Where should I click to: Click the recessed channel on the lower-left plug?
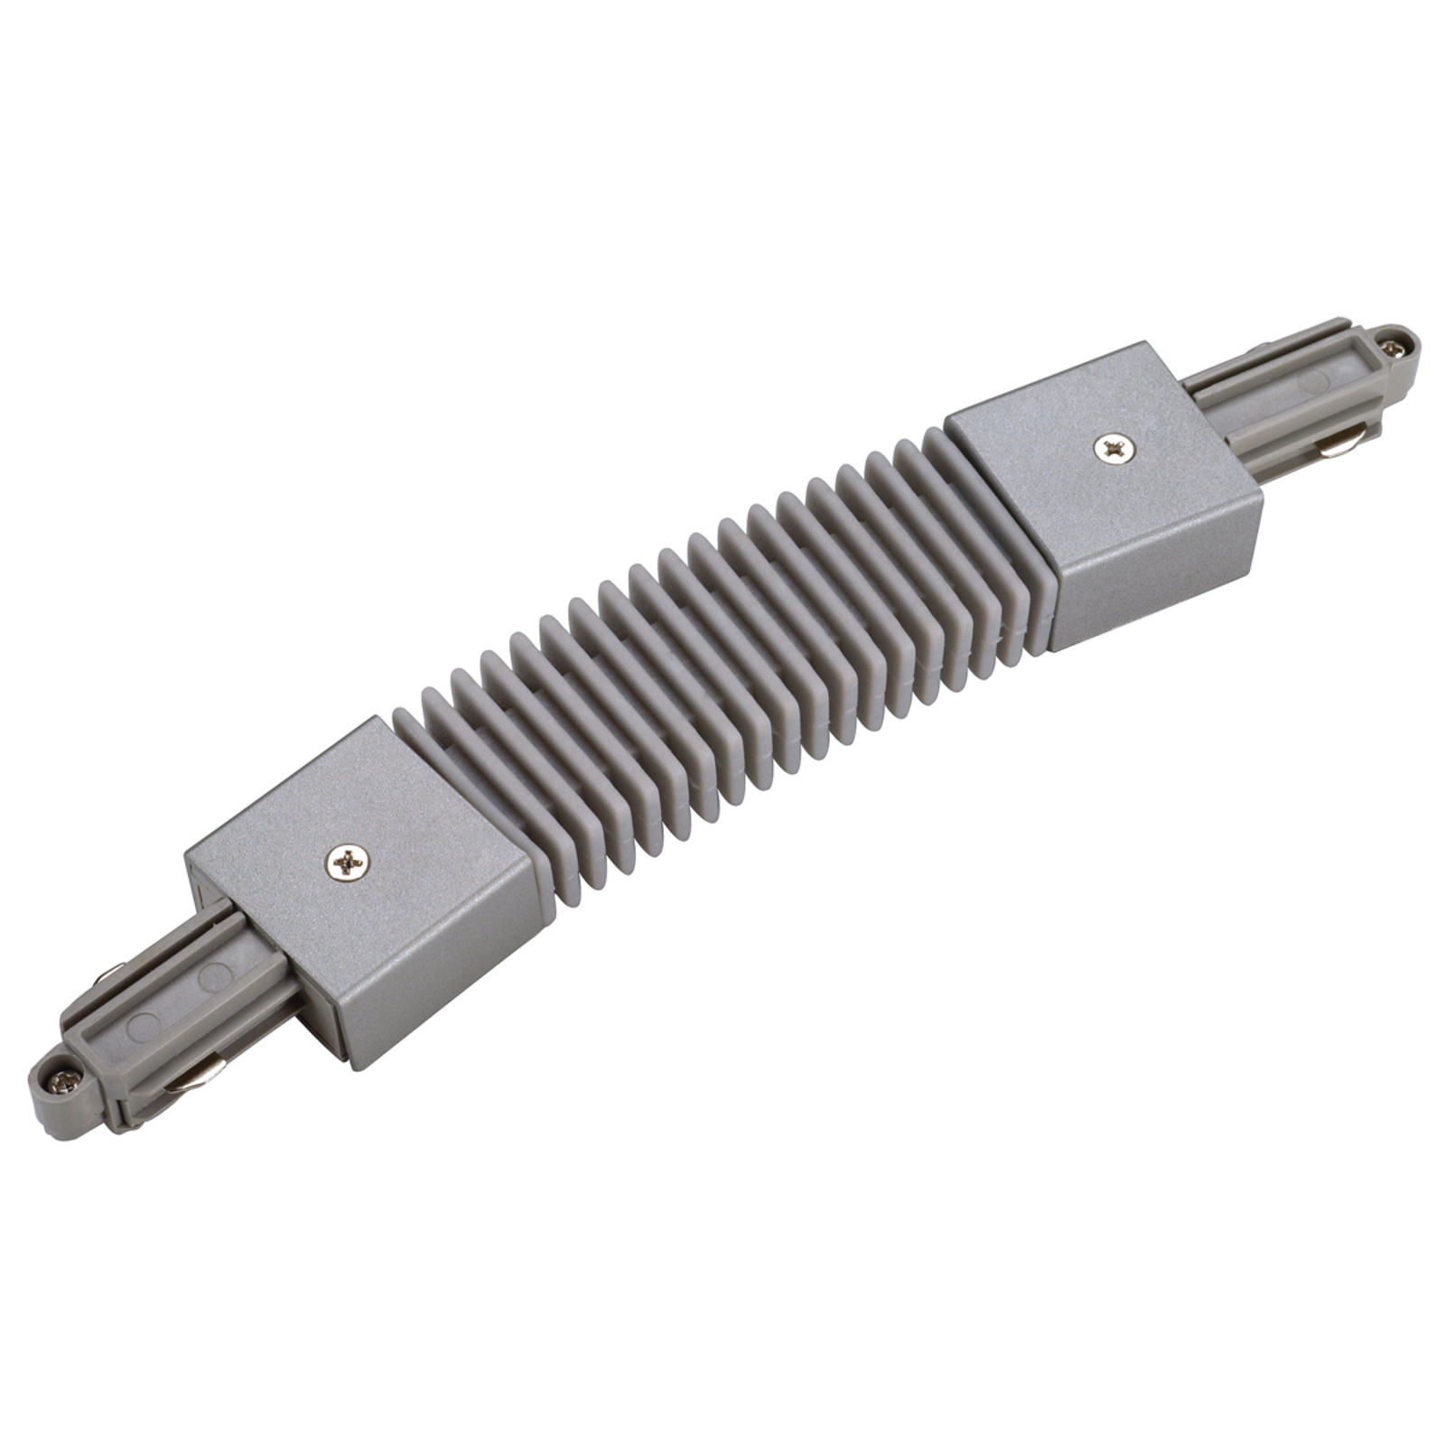click(x=181, y=1002)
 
